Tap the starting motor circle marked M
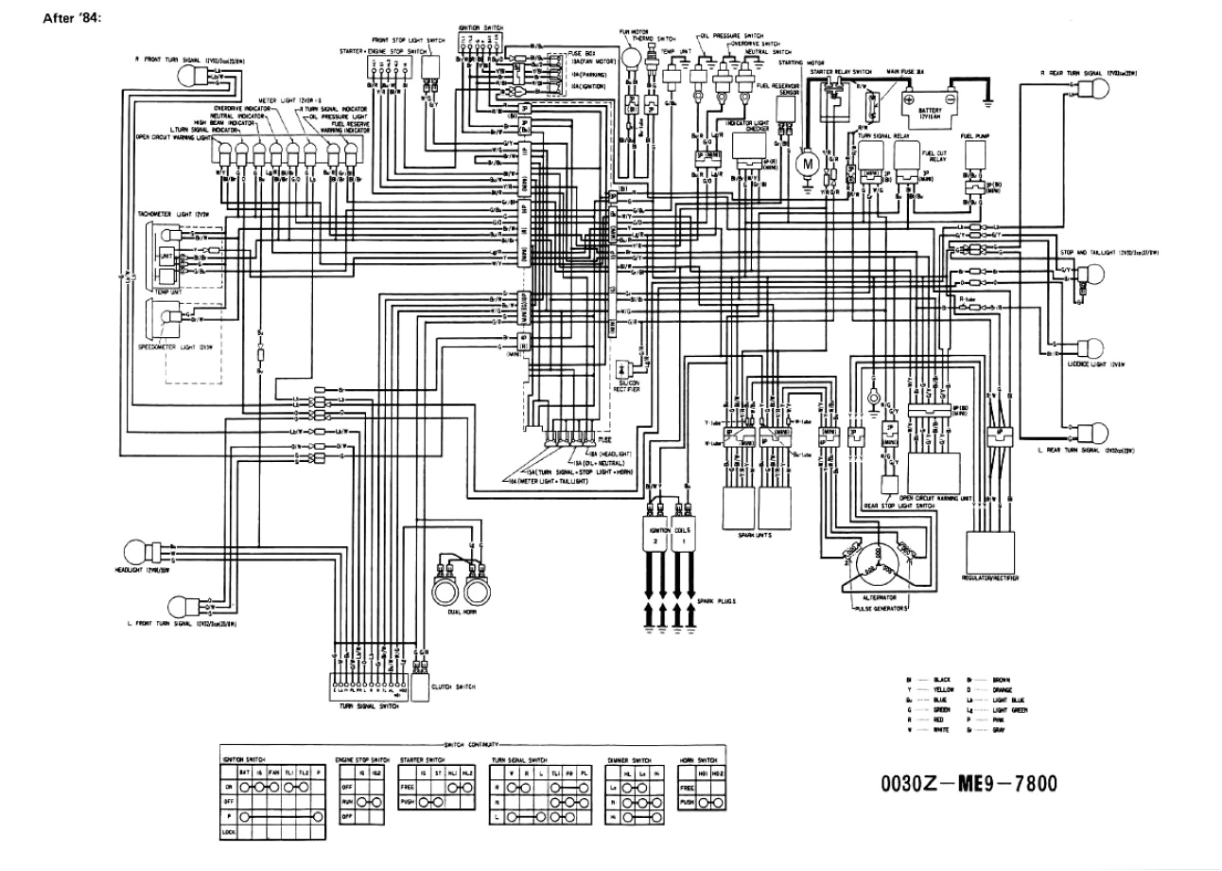tap(808, 163)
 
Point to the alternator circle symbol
tap(873, 560)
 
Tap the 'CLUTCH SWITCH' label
tap(452, 686)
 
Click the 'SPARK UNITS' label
tap(754, 535)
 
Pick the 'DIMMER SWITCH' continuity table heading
tap(628, 759)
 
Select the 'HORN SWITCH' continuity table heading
tap(698, 759)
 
